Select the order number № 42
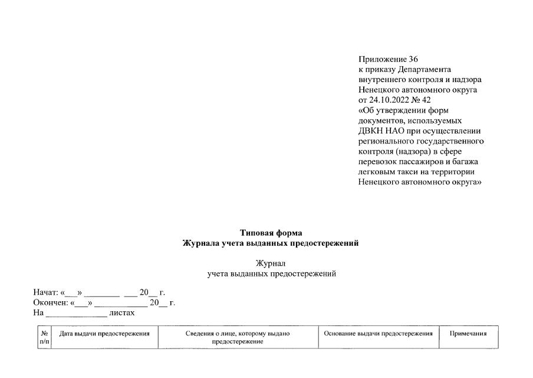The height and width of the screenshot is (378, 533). coord(423,100)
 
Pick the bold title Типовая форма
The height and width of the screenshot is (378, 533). coord(271,233)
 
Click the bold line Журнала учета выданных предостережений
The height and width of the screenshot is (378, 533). coord(271,243)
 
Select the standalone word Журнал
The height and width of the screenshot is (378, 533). coord(271,263)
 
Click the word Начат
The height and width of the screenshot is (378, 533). coord(45,292)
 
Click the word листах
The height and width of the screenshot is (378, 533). coord(123,313)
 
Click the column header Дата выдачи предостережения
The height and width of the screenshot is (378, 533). coord(104,334)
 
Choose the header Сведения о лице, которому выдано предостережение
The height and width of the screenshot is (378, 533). coord(238,337)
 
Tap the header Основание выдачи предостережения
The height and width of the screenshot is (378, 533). coord(379,334)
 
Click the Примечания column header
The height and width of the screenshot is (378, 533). coord(468,334)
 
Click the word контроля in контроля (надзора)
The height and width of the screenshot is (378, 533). coord(377,151)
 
